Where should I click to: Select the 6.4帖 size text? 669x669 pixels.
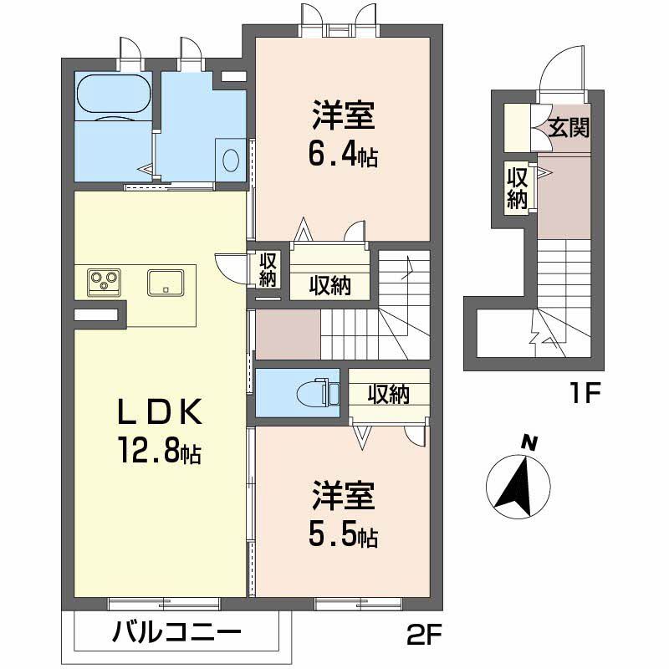click(344, 154)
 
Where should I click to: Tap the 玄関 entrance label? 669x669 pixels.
click(569, 128)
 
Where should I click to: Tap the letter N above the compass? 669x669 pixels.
click(528, 442)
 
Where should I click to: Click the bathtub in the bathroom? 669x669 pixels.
click(113, 95)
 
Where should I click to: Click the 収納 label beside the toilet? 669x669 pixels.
click(389, 393)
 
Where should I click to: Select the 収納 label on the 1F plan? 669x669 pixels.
click(517, 188)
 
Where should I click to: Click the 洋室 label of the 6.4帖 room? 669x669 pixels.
click(344, 115)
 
